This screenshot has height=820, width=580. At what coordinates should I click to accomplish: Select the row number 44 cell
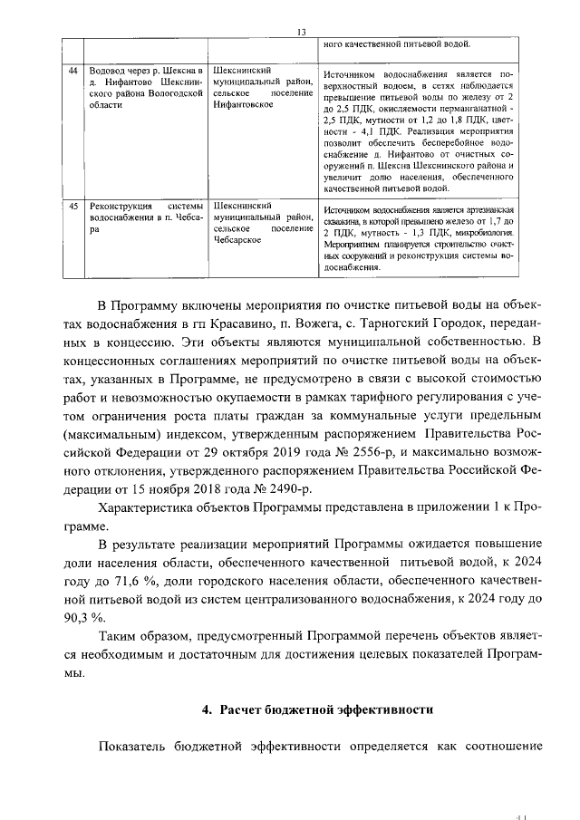[72, 70]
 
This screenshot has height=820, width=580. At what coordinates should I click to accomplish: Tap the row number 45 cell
[72, 207]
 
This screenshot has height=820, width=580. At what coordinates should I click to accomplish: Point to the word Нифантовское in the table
[242, 105]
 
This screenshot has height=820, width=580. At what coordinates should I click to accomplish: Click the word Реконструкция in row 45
[115, 207]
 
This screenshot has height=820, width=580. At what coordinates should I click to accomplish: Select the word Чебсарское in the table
[237, 242]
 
